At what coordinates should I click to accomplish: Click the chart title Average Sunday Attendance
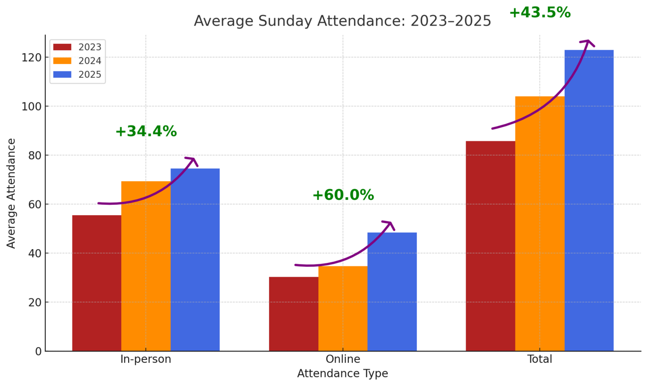pos(342,21)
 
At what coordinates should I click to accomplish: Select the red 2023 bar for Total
pos(490,246)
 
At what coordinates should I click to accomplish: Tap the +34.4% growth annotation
pos(146,132)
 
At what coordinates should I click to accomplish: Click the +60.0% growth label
pos(343,195)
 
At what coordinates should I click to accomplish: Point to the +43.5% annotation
pos(540,13)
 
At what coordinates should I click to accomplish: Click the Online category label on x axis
pos(343,359)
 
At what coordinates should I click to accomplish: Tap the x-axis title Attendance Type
pos(342,374)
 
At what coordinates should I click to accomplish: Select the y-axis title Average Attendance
pos(11,193)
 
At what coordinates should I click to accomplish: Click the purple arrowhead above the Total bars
pos(588,43)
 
